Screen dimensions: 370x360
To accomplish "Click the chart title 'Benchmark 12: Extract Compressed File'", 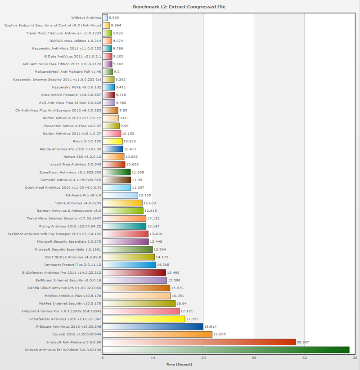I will coord(180,7).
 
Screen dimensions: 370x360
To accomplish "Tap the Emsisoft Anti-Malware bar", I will coord(199,342).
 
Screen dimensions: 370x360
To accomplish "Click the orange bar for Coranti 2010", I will coord(157,334).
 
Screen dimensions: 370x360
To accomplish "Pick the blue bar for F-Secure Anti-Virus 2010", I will coord(153,327).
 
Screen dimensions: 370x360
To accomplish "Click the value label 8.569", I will coord(114,18).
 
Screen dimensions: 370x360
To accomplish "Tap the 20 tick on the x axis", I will coord(203,358).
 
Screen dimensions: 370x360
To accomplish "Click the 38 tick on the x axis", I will coord(355,358).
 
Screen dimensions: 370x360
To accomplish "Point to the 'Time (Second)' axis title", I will coord(179,365).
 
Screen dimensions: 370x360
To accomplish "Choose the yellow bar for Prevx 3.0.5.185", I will coord(112,141).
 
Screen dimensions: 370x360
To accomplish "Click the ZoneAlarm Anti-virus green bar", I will coord(117,172).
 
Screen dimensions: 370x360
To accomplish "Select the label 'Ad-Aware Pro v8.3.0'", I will coord(83,196).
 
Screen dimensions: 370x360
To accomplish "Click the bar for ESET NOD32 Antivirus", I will coord(129,257).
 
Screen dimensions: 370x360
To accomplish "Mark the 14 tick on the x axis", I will coord(153,358).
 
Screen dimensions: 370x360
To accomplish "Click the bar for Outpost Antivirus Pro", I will coord(141,311).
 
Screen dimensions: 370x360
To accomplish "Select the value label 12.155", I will coord(145,196).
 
